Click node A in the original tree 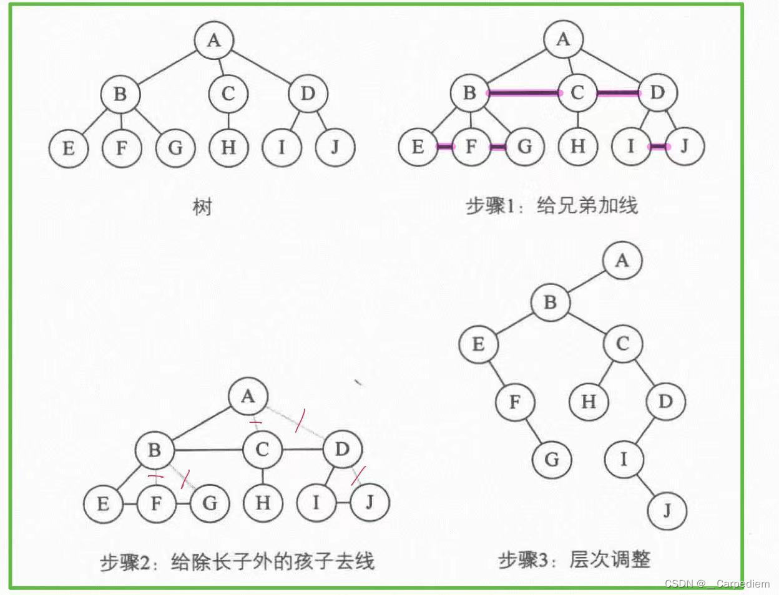(214, 41)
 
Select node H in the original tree (228, 147)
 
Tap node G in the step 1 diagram (525, 147)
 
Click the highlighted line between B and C (523, 94)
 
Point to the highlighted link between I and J (658, 147)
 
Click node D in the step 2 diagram (341, 449)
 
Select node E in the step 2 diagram (104, 503)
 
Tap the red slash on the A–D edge (300, 420)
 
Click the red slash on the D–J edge (358, 475)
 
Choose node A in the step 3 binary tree (622, 261)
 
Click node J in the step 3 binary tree (667, 511)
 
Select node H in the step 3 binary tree (588, 401)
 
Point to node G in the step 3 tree (552, 460)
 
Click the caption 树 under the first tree (202, 206)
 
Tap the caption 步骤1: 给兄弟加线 (552, 205)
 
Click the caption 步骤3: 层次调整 (574, 559)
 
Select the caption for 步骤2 (237, 561)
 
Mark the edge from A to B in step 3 (586, 281)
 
